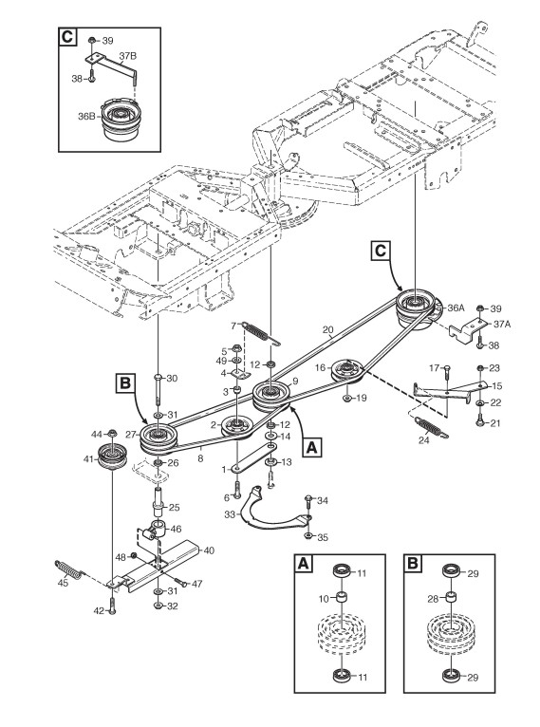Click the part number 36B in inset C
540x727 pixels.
pyautogui.click(x=86, y=116)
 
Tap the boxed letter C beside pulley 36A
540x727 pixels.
pyautogui.click(x=380, y=251)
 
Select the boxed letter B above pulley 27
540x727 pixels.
pyautogui.click(x=124, y=383)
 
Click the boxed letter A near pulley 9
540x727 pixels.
pyautogui.click(x=312, y=447)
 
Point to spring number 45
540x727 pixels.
pyautogui.click(x=69, y=569)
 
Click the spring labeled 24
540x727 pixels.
pyautogui.click(x=431, y=426)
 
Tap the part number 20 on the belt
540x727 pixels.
pyautogui.click(x=327, y=330)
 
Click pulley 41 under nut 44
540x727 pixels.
pyautogui.click(x=112, y=456)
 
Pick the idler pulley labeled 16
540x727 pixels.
pyautogui.click(x=346, y=370)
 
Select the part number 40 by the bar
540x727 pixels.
pyautogui.click(x=209, y=550)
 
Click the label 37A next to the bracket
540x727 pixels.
pyautogui.click(x=501, y=325)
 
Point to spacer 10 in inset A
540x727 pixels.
pyautogui.click(x=341, y=598)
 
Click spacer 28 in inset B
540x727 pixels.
pyautogui.click(x=451, y=598)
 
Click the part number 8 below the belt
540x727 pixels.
pyautogui.click(x=200, y=459)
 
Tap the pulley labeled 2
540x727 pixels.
pyautogui.click(x=236, y=426)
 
